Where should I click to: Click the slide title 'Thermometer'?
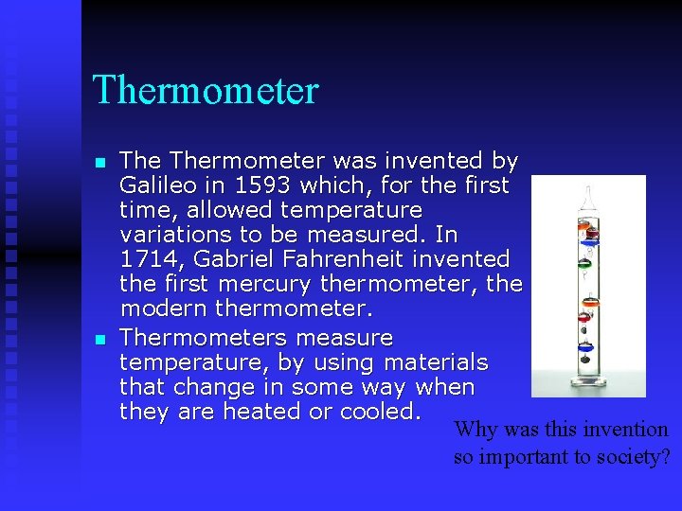pos(206,91)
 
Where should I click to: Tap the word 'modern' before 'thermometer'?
pos(164,308)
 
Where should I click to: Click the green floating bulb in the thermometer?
pos(584,265)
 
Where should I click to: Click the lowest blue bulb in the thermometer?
pos(585,346)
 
